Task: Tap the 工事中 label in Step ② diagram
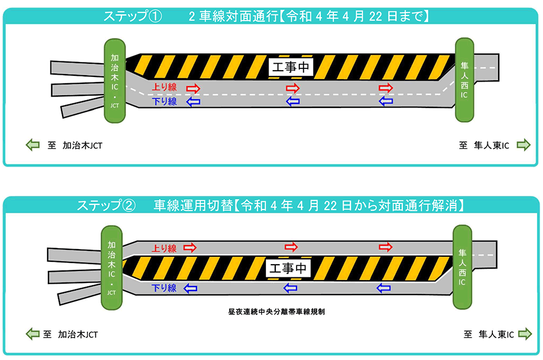coord(288,268)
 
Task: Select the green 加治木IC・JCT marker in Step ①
coord(115,80)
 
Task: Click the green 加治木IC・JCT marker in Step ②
coord(112,268)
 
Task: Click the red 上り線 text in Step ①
coord(164,88)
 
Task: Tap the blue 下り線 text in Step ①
coord(164,102)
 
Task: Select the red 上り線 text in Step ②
coord(164,248)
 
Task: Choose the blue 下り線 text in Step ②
coord(164,288)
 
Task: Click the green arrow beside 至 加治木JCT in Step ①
coord(33,145)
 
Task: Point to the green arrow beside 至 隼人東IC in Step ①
coord(523,145)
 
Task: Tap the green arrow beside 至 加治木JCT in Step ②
coord(33,334)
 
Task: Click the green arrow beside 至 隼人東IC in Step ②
coord(523,334)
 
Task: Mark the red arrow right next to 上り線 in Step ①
coord(192,88)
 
